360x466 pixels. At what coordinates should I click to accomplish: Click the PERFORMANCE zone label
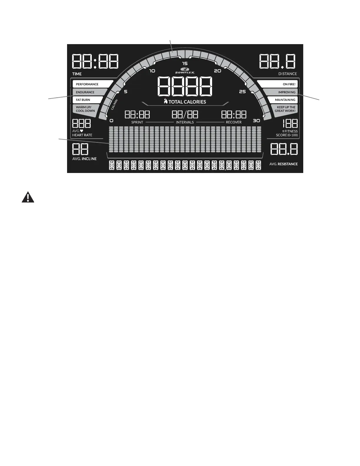point(87,84)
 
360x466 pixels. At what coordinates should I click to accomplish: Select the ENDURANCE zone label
point(85,92)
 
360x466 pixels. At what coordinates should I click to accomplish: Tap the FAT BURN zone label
point(83,100)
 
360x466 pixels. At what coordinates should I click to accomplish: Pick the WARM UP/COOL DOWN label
point(86,109)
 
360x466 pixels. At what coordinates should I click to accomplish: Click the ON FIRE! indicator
point(289,84)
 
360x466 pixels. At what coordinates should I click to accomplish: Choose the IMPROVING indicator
point(286,92)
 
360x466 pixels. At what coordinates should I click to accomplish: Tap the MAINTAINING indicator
point(285,100)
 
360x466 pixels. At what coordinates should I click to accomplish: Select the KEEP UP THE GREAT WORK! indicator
point(285,109)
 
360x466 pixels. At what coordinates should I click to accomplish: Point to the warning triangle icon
point(28,197)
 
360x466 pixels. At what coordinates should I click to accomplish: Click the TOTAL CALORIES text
point(187,102)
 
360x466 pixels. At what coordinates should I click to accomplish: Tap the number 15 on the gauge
point(185,64)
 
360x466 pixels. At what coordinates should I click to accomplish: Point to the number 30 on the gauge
point(256,121)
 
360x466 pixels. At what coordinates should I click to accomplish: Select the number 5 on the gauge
point(126,91)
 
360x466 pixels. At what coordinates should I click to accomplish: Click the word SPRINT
point(137,122)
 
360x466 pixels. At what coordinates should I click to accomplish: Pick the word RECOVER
point(234,122)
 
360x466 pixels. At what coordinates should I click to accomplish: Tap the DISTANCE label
point(288,74)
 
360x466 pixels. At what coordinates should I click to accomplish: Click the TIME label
point(77,74)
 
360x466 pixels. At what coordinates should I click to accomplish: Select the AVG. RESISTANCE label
point(284,164)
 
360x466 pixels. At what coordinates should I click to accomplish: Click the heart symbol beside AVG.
point(81,131)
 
